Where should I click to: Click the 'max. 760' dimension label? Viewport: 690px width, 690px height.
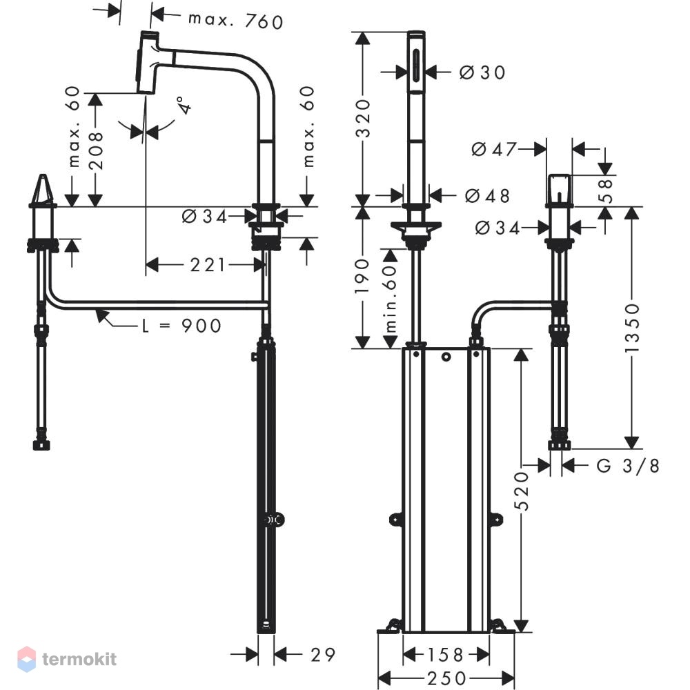tap(235, 21)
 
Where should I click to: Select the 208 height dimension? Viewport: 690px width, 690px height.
tap(95, 150)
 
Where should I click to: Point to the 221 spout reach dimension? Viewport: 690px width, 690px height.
tap(208, 265)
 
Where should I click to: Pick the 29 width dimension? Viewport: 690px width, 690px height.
tap(322, 655)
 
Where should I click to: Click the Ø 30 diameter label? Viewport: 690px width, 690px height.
tap(482, 72)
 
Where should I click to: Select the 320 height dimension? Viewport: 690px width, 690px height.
tap(363, 119)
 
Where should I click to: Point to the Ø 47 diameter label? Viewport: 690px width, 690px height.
tap(494, 150)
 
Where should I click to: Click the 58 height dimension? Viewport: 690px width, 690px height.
tap(606, 190)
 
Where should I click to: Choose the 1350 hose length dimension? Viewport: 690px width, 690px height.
tap(632, 327)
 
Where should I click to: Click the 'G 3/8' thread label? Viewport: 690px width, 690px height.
tap(628, 466)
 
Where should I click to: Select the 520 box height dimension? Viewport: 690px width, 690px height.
tap(522, 491)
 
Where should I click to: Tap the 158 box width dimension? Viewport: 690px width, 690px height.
tap(445, 655)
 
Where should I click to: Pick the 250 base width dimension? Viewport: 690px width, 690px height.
tap(446, 678)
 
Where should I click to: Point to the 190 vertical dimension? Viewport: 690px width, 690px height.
tap(363, 277)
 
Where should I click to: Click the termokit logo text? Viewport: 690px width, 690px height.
tap(79, 659)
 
